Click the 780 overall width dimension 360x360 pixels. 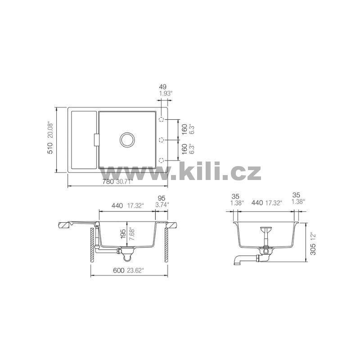(108, 182)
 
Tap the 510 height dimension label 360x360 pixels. (50, 148)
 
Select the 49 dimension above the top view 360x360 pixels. (162, 87)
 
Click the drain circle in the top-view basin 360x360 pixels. (127, 140)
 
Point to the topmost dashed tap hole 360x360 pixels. (162, 120)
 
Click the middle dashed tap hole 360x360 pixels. (162, 139)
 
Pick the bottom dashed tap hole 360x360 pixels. (162, 160)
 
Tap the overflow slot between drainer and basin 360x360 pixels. (97, 140)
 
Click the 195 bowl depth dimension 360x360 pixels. (123, 234)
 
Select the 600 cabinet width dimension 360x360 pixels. (118, 270)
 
